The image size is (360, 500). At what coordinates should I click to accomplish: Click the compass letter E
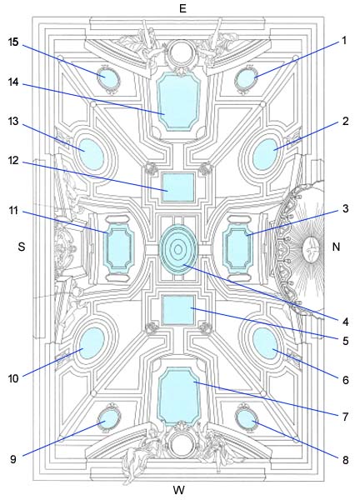click(x=182, y=8)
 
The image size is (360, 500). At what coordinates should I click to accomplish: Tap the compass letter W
click(x=179, y=489)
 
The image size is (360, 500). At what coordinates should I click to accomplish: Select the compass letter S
click(x=22, y=247)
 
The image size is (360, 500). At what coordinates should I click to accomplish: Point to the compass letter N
click(x=336, y=247)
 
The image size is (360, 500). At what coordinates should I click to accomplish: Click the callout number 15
click(x=13, y=42)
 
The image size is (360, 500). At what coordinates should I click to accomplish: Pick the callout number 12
click(x=13, y=160)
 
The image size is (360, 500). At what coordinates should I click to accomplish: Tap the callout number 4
click(x=345, y=322)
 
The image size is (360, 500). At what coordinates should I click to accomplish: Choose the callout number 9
click(x=13, y=459)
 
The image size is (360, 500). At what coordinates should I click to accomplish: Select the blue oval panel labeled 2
click(x=266, y=154)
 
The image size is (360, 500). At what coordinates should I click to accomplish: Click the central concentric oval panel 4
click(x=178, y=248)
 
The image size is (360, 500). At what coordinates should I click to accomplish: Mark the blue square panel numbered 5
click(x=178, y=310)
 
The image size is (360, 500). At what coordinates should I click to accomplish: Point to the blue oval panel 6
click(x=265, y=343)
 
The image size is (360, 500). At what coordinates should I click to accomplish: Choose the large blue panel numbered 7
click(x=179, y=397)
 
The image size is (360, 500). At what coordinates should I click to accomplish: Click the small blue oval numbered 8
click(x=247, y=418)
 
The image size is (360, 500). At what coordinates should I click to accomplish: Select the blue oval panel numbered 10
click(x=92, y=342)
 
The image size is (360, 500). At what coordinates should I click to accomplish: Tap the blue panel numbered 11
click(x=119, y=248)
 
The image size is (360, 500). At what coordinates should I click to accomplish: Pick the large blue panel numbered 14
click(x=178, y=101)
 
